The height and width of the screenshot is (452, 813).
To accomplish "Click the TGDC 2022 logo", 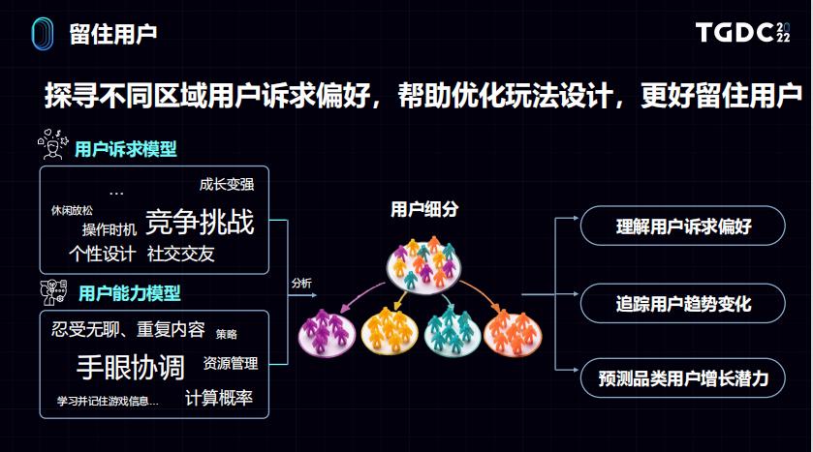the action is tap(742, 32).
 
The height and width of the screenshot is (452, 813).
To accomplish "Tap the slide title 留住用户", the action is tap(113, 34).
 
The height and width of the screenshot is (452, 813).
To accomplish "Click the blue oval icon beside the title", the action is tap(42, 34).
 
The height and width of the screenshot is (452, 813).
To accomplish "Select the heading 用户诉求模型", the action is tap(125, 149).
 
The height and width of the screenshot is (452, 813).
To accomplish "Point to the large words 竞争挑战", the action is tap(201, 222).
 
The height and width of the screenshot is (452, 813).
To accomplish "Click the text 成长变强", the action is tap(227, 184).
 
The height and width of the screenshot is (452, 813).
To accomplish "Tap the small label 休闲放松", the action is tap(72, 210).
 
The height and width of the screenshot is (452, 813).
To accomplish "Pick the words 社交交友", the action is tap(180, 254).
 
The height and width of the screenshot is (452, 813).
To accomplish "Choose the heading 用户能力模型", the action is tap(130, 293).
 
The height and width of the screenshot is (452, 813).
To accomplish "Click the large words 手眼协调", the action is tap(131, 368).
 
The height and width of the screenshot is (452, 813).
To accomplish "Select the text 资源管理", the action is tap(231, 364).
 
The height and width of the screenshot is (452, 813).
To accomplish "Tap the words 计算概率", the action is tap(219, 398).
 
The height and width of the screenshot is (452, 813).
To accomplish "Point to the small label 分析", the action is tap(301, 283).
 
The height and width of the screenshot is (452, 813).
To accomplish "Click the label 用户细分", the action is tap(424, 209).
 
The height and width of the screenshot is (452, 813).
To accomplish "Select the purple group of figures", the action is tap(327, 333).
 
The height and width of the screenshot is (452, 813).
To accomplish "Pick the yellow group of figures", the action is tap(389, 331).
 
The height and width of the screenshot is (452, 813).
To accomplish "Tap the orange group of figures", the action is tap(513, 333).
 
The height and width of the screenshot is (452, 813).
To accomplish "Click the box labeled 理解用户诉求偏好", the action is tap(682, 226).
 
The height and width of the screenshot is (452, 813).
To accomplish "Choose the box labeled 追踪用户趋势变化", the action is tap(682, 303).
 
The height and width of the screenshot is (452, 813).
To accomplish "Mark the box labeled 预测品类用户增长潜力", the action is tap(682, 378).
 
